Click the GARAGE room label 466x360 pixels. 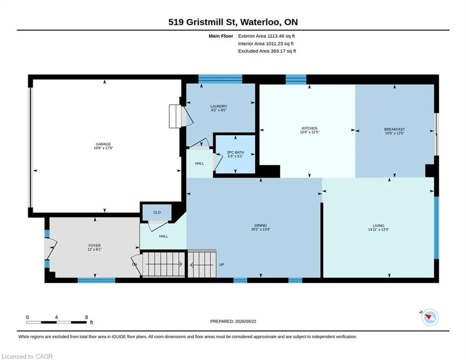tap(104, 144)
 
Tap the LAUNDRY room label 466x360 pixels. tap(219, 106)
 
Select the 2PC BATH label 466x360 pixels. tap(236, 152)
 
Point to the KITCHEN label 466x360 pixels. tap(310, 128)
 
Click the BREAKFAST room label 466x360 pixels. tap(394, 129)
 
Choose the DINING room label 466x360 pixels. tap(261, 225)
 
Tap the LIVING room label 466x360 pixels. tap(378, 225)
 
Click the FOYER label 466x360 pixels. tap(95, 246)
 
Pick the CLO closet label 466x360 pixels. tap(157, 212)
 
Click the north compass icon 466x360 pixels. tap(430, 317)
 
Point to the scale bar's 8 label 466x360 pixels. tap(87, 317)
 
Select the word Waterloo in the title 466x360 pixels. tap(260, 22)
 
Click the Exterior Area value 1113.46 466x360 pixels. tap(276, 36)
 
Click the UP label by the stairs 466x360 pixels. tap(222, 264)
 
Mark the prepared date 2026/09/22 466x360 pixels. tap(245, 321)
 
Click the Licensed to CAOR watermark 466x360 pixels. tap(27, 356)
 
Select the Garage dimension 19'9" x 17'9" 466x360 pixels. tap(104, 148)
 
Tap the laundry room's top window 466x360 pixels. tap(220, 79)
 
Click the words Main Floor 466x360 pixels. tap(221, 36)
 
